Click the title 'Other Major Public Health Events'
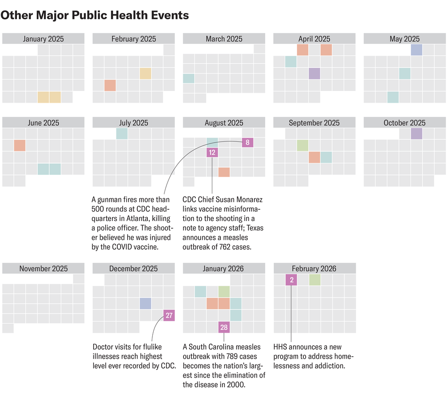click(95, 15)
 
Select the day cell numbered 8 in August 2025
click(247, 143)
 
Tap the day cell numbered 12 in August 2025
click(212, 152)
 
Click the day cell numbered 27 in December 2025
click(169, 315)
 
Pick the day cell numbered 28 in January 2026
click(224, 327)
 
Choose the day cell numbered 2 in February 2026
click(292, 280)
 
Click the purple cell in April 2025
click(314, 74)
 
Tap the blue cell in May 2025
click(417, 50)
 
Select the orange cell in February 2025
click(110, 85)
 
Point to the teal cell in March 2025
click(189, 78)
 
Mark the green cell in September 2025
click(303, 145)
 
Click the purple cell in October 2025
click(417, 134)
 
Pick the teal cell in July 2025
click(122, 134)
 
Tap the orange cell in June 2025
click(20, 145)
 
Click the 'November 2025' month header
click(43, 269)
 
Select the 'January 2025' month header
click(43, 39)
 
